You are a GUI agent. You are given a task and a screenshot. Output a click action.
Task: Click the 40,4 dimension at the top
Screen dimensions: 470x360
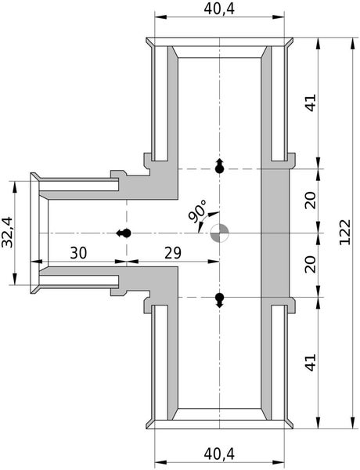222,9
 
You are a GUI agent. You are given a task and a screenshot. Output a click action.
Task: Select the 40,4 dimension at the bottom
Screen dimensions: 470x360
222,452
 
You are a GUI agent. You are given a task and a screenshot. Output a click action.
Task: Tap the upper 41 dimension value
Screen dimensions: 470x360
311,103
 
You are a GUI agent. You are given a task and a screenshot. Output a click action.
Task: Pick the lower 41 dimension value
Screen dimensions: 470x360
311,363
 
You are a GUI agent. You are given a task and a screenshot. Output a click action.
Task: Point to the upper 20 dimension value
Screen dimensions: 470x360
311,201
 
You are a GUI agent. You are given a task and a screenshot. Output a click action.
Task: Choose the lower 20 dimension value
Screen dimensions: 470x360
311,265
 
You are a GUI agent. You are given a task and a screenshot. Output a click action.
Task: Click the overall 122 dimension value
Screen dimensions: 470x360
348,233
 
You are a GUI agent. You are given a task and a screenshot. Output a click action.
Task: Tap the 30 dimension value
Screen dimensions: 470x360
79,253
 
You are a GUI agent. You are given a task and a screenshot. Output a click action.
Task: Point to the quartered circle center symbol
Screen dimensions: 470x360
221,233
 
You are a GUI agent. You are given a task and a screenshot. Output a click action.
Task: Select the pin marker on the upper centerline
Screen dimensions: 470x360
220,166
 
